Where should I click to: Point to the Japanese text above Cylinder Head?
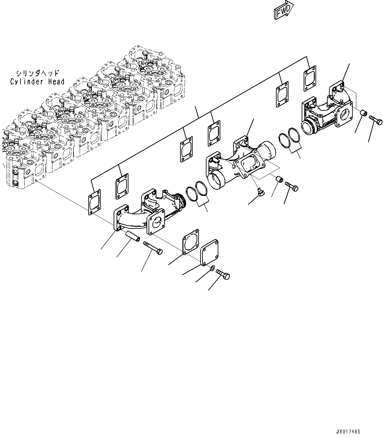(x=38, y=73)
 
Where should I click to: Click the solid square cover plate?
(x=210, y=253)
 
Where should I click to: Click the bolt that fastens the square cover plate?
(x=223, y=274)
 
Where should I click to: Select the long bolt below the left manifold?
(x=153, y=248)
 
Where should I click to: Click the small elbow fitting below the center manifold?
(x=261, y=192)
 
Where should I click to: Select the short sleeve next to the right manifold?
(x=364, y=112)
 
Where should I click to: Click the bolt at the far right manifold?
(x=376, y=119)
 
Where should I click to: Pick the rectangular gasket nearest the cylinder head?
(x=95, y=202)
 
